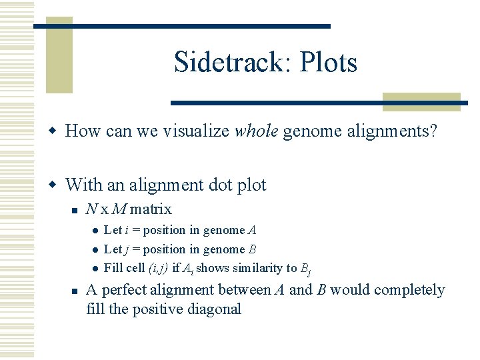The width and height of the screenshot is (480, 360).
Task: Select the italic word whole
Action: point(256,131)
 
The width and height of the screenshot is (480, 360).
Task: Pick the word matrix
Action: point(151,209)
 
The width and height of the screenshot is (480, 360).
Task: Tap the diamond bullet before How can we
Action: point(56,131)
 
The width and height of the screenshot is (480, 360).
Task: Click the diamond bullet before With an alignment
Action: point(56,185)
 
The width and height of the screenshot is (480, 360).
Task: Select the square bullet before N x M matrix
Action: point(75,210)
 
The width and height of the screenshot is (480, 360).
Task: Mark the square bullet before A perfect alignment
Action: point(75,291)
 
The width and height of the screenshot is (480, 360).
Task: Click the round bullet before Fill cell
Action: point(95,269)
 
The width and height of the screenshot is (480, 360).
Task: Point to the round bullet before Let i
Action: point(95,231)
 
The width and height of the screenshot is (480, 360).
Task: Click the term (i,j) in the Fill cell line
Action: point(157,268)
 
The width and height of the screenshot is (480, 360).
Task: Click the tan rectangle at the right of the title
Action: point(421,101)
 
